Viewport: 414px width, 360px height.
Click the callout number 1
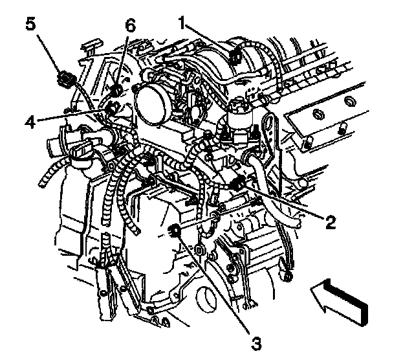tap(183, 25)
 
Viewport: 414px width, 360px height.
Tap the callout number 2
tap(331, 223)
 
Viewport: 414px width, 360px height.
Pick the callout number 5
tap(30, 25)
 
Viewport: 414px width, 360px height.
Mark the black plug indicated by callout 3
tap(175, 229)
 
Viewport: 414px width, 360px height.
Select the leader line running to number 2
tap(285, 202)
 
